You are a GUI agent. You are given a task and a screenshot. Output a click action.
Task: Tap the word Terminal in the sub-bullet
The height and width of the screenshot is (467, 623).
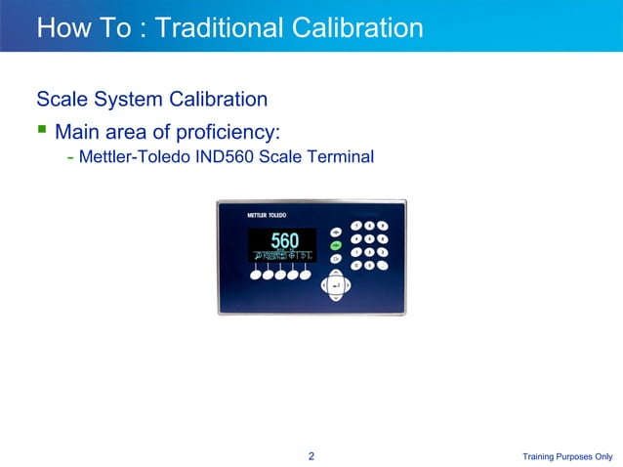(342, 156)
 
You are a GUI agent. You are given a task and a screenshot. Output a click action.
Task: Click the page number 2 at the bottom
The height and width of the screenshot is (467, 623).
(311, 455)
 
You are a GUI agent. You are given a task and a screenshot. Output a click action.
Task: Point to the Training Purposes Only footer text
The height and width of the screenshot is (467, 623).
(567, 456)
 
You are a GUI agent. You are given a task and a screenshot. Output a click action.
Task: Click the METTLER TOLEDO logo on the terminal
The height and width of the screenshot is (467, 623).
(252, 214)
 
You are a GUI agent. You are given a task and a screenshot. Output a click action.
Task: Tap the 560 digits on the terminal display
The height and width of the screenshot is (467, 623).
(284, 240)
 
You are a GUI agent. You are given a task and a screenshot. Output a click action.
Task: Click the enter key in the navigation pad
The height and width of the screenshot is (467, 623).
(335, 285)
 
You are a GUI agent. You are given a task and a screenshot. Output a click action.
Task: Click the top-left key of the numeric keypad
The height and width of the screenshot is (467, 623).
(356, 226)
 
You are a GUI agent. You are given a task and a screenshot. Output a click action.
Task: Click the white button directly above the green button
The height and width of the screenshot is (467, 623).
(335, 233)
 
